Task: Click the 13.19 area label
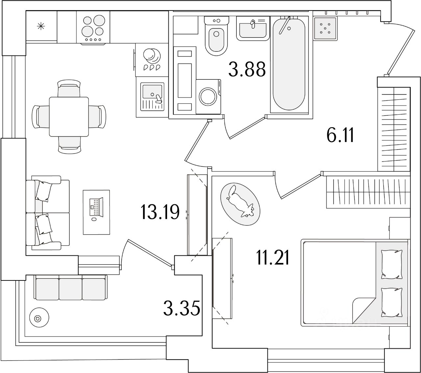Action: [160, 212]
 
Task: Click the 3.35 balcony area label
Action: [182, 309]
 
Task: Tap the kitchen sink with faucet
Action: [152, 96]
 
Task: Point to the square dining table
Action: [69, 116]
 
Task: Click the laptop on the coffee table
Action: [96, 207]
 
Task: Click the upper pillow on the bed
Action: [391, 264]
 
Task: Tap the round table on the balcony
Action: [37, 318]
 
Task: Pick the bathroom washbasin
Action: [252, 28]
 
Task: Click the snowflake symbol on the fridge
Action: [41, 26]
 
